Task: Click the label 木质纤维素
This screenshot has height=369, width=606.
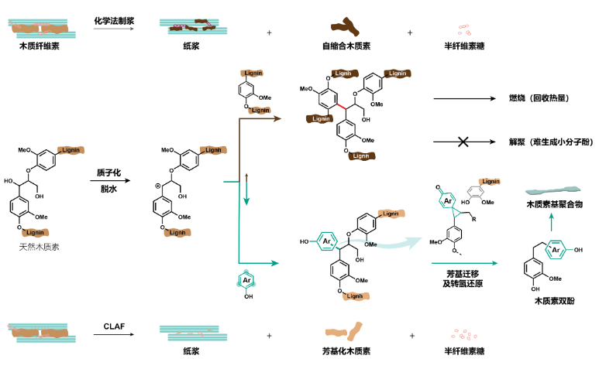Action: tap(40, 46)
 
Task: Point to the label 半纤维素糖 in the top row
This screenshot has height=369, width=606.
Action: tap(463, 46)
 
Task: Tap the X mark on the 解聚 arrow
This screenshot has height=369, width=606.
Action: tap(463, 142)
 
